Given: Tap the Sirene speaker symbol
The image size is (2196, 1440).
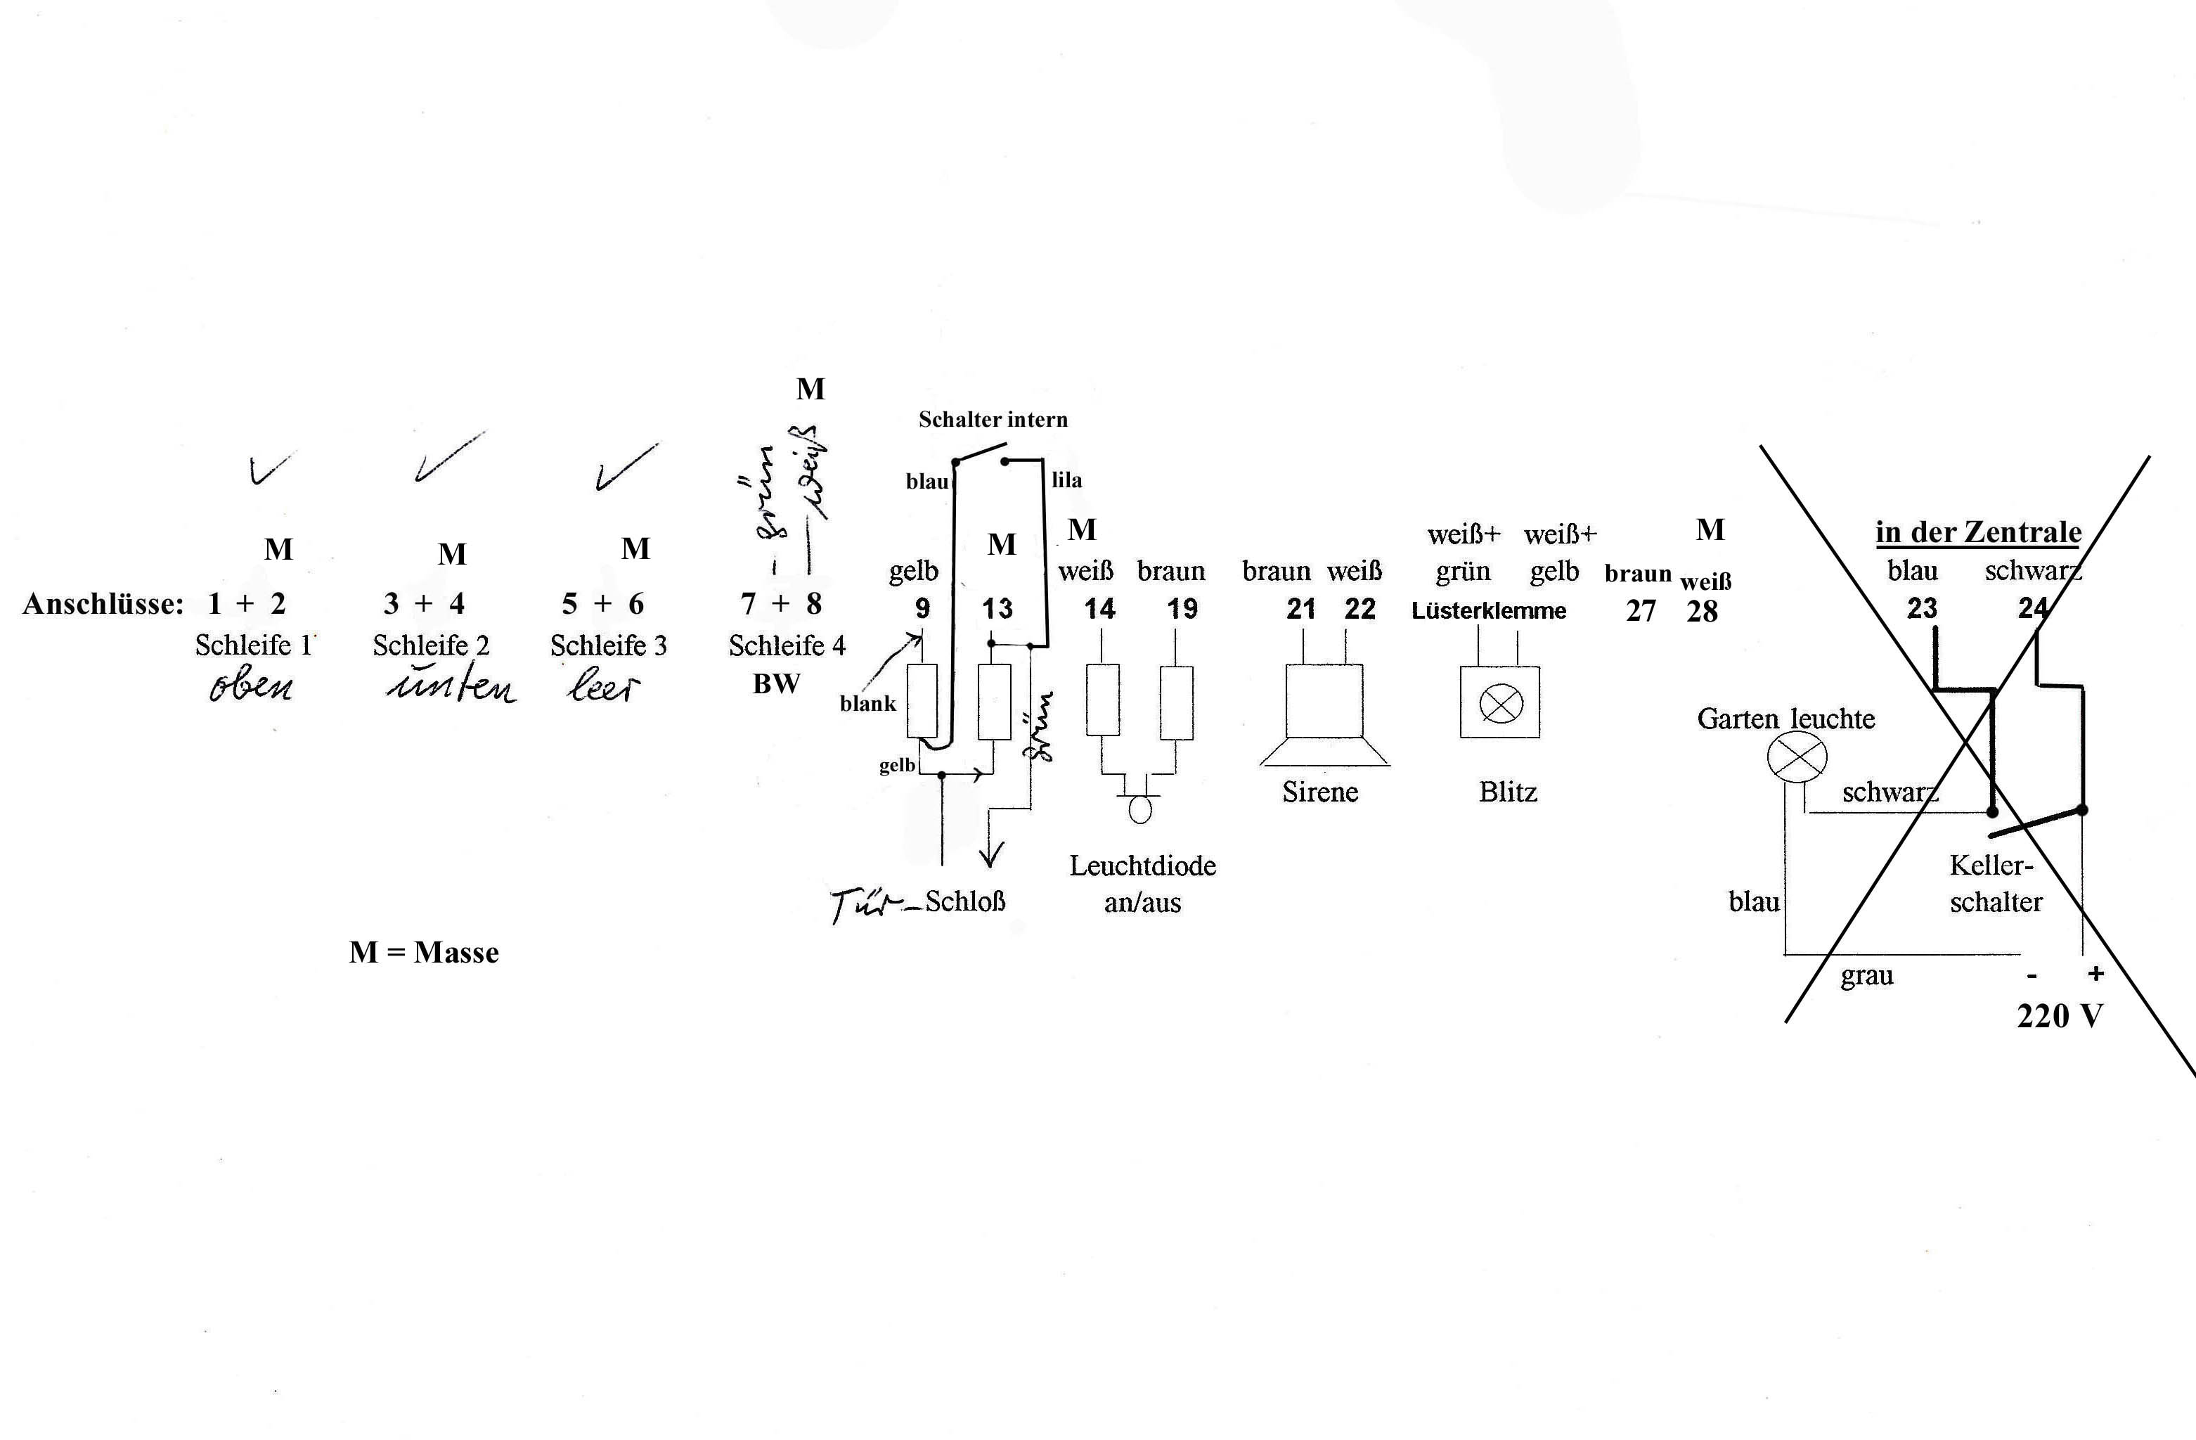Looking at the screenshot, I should pos(1324,715).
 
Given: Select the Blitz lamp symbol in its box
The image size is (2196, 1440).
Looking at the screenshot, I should pos(1500,705).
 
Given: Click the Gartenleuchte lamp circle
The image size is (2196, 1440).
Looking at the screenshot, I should pos(1797,757).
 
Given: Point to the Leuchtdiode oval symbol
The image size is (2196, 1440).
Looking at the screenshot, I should pos(1140,809).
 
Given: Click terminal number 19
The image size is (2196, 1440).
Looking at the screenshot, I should pos(1182,609).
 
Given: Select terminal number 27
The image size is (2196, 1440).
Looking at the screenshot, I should pos(1639,611).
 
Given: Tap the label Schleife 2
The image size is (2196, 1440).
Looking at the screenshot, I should pos(431,645).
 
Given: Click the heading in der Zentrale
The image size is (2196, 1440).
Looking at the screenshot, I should pos(1978,532).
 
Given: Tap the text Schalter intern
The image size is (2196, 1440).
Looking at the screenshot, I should pos(993,420).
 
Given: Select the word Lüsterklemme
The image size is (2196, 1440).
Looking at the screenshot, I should pos(1488,611).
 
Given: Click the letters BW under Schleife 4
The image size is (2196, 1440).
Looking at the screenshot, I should pos(776,684).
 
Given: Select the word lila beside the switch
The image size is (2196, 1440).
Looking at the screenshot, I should pos(1066,480).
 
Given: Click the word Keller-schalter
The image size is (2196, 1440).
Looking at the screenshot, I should pos(1995,883).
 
